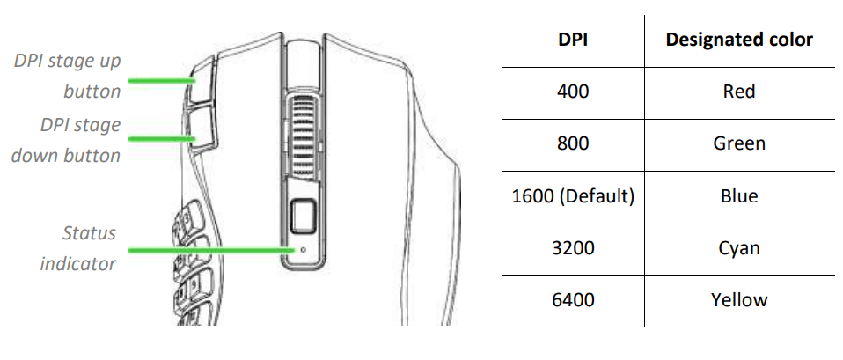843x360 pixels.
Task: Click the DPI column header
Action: point(573,40)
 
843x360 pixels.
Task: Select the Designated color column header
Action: point(739,40)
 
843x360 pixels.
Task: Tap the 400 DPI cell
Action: point(573,92)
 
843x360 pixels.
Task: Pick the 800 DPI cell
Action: point(573,143)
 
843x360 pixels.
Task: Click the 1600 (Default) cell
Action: point(573,196)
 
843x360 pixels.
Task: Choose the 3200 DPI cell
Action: point(573,248)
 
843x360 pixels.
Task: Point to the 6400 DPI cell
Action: point(573,300)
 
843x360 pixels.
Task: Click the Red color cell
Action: point(739,92)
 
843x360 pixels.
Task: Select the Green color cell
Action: point(739,143)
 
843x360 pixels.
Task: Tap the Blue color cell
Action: point(739,196)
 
